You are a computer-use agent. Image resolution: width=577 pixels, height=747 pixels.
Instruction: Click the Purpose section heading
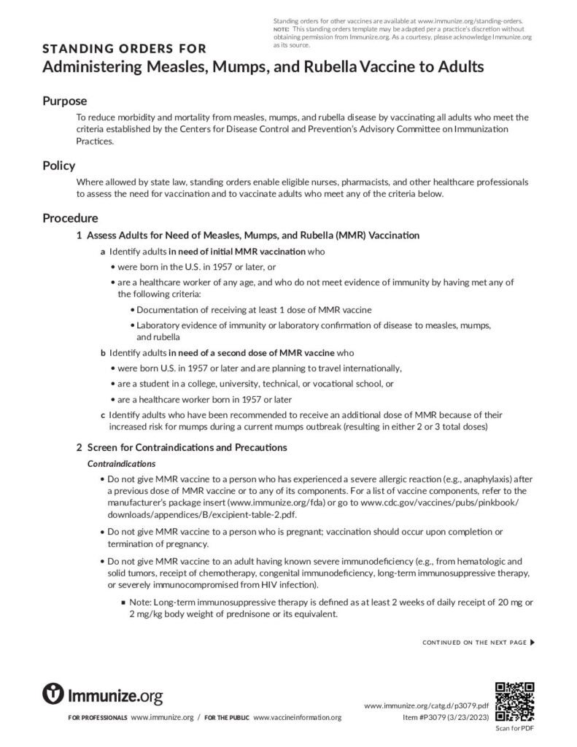coord(64,101)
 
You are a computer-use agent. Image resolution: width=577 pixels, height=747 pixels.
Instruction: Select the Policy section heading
coord(58,166)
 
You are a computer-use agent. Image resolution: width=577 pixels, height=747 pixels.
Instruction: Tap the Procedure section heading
coord(70,217)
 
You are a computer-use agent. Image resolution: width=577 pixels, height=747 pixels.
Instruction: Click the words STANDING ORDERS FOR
coord(124,50)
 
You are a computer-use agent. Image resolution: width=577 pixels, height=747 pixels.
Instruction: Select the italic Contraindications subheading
coord(121,463)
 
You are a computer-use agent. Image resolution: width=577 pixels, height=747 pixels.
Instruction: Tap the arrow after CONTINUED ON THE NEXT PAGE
coord(532,643)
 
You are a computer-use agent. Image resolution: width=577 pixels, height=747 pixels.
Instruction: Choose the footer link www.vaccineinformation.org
coord(297,718)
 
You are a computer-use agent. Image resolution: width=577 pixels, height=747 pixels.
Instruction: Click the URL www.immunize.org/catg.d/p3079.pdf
coord(426,706)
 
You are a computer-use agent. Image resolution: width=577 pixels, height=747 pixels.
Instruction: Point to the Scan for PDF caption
coord(514,729)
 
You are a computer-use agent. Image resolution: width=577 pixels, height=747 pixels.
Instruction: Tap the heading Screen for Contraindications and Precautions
coord(187,447)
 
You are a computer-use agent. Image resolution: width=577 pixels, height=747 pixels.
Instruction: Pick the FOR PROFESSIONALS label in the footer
coord(98,719)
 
